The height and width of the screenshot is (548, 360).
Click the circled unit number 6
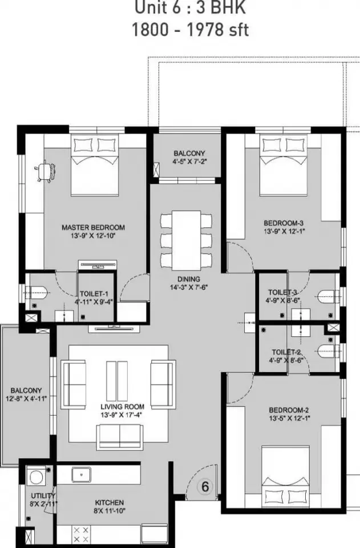[205, 486]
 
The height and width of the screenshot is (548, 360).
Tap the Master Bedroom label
[93, 228]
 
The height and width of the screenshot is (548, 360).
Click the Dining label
[188, 279]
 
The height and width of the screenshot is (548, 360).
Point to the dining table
[186, 240]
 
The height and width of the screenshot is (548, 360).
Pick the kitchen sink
[82, 475]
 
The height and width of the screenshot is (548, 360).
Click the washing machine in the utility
[37, 476]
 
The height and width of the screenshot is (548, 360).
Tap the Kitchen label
[110, 502]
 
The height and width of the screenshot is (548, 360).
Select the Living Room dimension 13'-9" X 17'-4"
[122, 415]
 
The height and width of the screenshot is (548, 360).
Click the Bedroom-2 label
[289, 410]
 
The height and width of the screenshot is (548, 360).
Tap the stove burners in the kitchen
[81, 535]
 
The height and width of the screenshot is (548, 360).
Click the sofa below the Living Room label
[120, 436]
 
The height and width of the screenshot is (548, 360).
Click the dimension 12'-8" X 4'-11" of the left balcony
[26, 398]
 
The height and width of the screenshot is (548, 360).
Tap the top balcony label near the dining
[189, 154]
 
